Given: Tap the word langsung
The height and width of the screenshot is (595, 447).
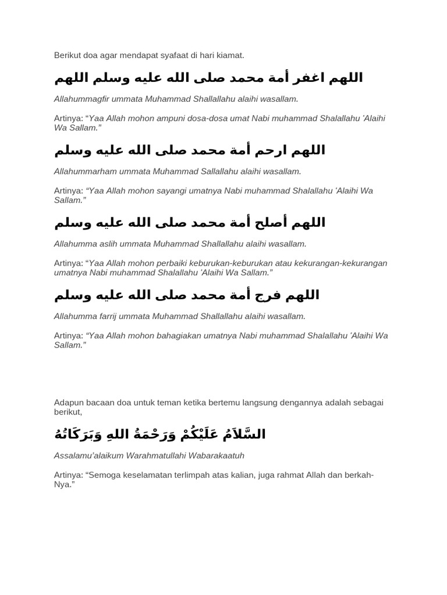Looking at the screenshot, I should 231,403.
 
